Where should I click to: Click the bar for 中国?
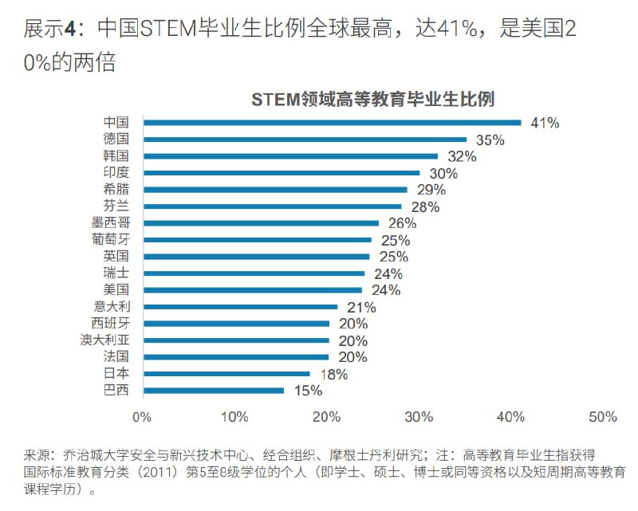point(332,123)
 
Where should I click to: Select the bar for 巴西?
point(213,391)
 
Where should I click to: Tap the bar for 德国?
point(305,140)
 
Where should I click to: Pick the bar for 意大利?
point(240,307)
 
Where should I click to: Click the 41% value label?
point(545,123)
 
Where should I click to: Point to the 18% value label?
point(333,374)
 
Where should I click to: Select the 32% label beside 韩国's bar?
point(462,156)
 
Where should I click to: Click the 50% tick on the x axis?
point(603,417)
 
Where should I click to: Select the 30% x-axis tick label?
point(419,417)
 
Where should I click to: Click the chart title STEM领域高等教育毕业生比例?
point(373,100)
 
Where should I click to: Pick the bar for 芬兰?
point(272,206)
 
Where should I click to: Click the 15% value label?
point(307,391)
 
